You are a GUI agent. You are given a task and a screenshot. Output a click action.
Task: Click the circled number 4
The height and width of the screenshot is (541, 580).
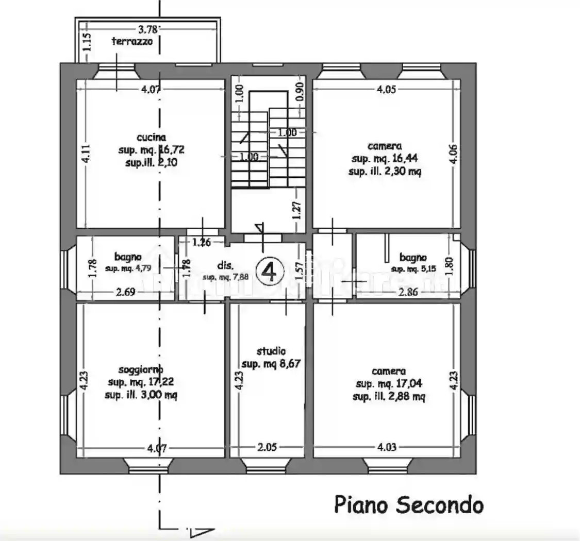tap(270, 271)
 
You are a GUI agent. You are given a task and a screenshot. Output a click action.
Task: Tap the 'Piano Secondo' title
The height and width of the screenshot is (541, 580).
tap(409, 504)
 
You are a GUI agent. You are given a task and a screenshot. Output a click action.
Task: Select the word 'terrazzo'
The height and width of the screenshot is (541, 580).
tap(132, 42)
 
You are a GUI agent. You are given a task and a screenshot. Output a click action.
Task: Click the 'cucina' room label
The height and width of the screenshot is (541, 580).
tap(151, 138)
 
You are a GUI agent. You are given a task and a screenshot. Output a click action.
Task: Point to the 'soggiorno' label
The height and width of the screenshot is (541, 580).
tap(141, 369)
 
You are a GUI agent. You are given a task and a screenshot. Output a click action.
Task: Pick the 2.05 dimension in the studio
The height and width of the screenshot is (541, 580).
tap(268, 447)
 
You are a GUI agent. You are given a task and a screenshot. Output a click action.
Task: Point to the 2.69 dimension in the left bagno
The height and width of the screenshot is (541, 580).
tap(125, 293)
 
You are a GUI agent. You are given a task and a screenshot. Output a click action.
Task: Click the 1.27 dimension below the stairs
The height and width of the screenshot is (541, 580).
tap(296, 210)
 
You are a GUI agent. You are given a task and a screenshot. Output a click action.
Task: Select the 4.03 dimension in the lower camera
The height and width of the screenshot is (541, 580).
tap(386, 447)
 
